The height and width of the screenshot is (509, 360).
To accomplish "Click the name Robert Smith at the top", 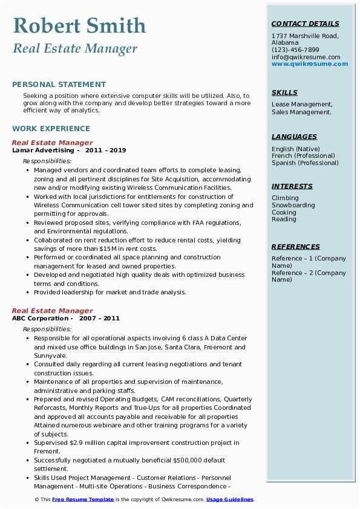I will pos(79,25).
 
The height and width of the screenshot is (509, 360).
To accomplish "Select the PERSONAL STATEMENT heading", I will pos(59,85).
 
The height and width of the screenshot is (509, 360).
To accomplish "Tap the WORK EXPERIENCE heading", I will pos(51,129).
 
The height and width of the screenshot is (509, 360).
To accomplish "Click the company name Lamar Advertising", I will pos(44,151).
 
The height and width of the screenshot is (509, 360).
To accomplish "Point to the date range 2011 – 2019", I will pos(105,151).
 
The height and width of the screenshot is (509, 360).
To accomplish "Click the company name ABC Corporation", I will pos(40,319).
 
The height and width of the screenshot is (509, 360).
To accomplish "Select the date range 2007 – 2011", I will pos(99,319).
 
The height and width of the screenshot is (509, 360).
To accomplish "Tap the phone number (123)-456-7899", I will pos(295,50).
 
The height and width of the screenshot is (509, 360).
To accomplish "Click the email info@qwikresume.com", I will pos(306,57).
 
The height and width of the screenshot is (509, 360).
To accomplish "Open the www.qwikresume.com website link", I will pos(310,64).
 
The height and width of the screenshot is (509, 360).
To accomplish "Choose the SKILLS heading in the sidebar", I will pos(284,93).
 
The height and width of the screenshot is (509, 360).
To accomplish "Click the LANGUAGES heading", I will pos(294,137).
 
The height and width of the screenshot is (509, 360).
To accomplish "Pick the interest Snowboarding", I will pos(293,206).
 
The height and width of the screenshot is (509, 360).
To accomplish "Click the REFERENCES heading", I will pos(296,247).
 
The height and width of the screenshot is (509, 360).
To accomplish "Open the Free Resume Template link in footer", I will pos(83,499).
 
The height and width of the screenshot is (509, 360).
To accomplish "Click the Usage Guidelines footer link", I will pos(230,499).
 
